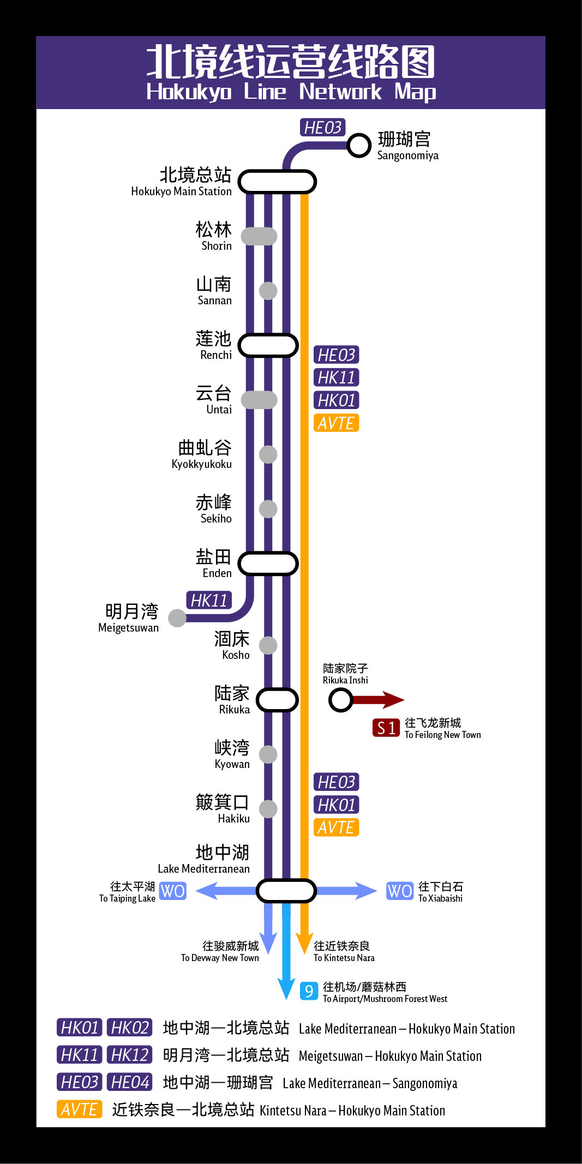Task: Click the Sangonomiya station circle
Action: (x=359, y=145)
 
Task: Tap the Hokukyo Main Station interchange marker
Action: (x=277, y=182)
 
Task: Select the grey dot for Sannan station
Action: (x=268, y=291)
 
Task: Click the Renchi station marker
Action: (x=268, y=345)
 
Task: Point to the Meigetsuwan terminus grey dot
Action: (x=177, y=618)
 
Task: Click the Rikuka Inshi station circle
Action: (x=341, y=700)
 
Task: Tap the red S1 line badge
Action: (x=386, y=728)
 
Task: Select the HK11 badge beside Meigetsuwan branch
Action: (x=209, y=601)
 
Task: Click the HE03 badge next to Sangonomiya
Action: (x=322, y=128)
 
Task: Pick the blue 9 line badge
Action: (x=309, y=991)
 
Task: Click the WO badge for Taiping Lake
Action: (x=173, y=891)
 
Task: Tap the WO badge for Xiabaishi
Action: (x=399, y=891)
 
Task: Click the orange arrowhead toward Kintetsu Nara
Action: (x=304, y=941)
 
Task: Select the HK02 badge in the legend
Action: (x=129, y=1028)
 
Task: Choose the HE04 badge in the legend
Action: (x=129, y=1082)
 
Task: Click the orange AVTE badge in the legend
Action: (x=80, y=1109)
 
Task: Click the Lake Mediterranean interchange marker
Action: (x=286, y=891)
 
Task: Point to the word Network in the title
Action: (x=340, y=92)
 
